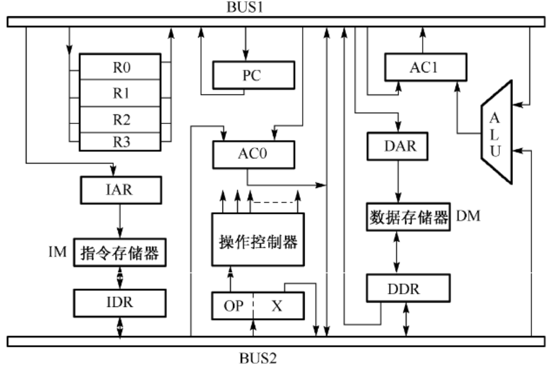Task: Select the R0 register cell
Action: point(120,67)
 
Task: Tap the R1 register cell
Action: point(120,93)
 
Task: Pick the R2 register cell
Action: point(120,119)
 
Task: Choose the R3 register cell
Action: point(120,141)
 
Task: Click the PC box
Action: point(253,75)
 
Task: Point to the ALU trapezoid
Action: point(496,131)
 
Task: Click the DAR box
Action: point(400,147)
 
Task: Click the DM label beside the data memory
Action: point(468,216)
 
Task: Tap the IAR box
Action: point(121,190)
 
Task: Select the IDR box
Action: point(120,303)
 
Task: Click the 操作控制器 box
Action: point(258,239)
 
